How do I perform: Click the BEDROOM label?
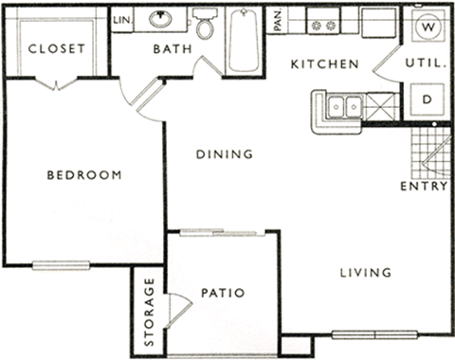coord(84,175)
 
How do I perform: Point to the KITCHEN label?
coord(323,64)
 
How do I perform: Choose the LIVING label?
coord(365,273)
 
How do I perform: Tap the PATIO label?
coord(224,294)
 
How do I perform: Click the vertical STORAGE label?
coord(149,311)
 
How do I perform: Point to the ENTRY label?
coord(424,186)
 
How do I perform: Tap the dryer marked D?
coord(427,98)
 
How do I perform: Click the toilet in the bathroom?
coord(205,26)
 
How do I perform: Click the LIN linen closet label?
coord(121,19)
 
